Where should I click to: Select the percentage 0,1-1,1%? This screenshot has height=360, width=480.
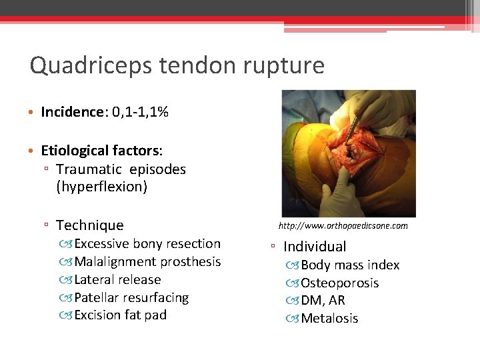click(140, 112)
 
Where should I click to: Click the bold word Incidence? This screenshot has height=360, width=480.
click(69, 112)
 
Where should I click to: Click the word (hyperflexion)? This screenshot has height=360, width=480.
click(101, 187)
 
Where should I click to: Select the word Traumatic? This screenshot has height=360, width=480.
click(89, 169)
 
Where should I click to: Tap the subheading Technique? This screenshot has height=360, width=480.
click(90, 225)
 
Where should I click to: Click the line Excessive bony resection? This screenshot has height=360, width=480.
click(147, 244)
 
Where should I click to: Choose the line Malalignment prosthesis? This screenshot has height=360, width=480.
click(147, 262)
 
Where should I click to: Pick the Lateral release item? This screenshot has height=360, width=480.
click(117, 280)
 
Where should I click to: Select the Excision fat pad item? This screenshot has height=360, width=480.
click(120, 315)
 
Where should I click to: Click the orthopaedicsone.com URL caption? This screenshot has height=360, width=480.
click(343, 226)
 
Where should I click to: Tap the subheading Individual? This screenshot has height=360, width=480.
click(315, 247)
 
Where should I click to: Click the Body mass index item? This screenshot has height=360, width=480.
click(350, 265)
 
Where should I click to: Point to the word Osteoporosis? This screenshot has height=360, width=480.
click(339, 283)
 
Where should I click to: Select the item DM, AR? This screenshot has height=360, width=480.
click(323, 301)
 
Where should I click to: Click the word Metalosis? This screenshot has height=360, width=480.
click(329, 319)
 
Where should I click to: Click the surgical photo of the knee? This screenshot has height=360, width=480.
click(349, 153)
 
